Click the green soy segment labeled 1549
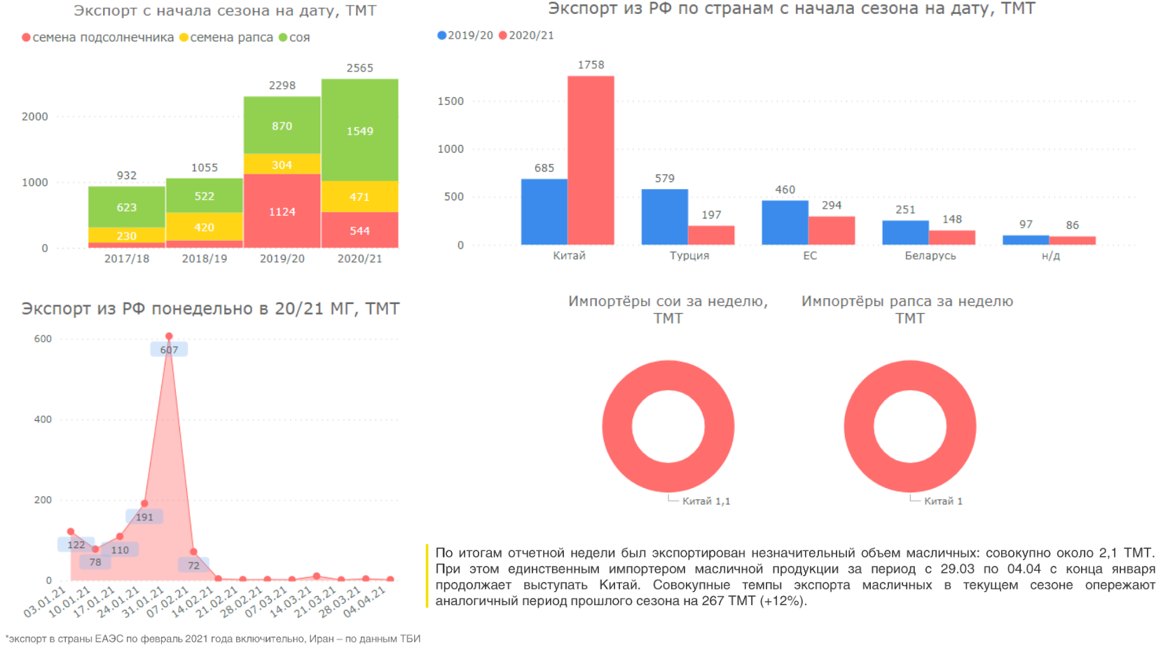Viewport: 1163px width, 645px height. [359, 131]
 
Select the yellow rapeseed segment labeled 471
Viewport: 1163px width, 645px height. [359, 197]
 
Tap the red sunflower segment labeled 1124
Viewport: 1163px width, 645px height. [282, 211]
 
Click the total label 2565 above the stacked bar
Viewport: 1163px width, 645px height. [359, 68]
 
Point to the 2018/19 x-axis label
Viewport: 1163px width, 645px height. [205, 258]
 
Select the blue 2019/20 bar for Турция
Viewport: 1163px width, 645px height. [664, 216]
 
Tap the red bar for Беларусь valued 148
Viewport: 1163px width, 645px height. [951, 237]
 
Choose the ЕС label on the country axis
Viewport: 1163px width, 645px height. [810, 256]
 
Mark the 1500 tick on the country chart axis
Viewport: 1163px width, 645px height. [450, 101]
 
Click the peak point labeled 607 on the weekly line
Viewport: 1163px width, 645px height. [169, 337]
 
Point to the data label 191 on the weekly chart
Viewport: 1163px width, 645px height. [144, 517]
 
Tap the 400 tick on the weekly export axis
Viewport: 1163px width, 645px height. [43, 419]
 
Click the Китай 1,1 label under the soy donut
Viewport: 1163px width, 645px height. [706, 501]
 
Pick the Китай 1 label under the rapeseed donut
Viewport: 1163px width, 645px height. [943, 501]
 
